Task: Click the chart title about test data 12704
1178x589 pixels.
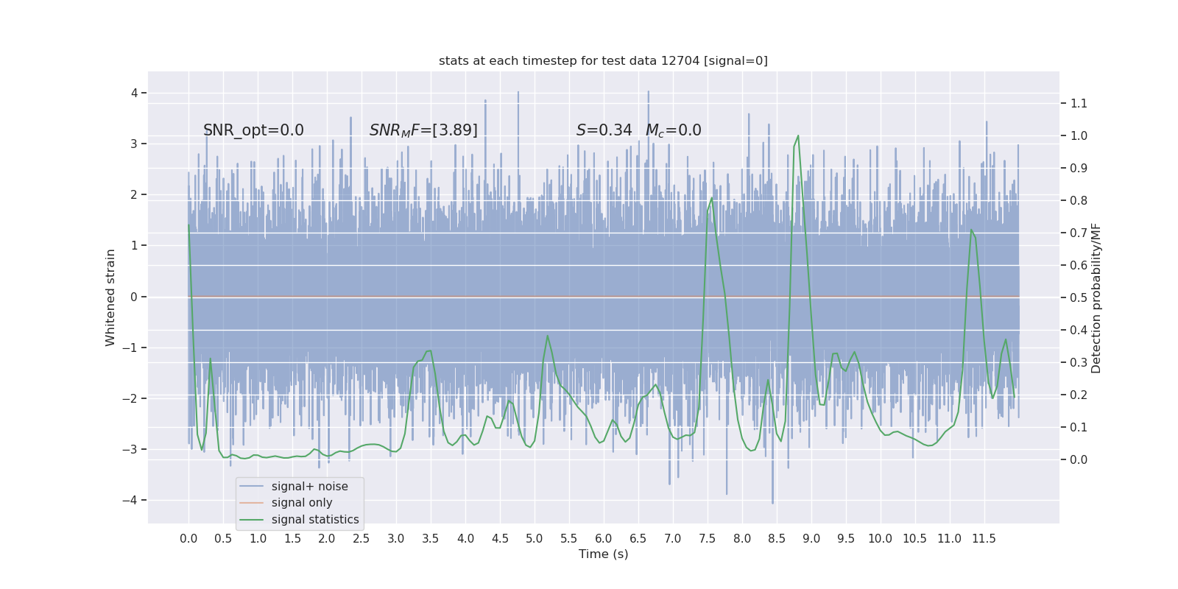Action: tap(603, 60)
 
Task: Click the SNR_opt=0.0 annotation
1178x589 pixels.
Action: tap(253, 130)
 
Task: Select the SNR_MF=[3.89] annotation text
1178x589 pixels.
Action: tap(423, 130)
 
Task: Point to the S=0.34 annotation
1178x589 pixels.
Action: tap(604, 130)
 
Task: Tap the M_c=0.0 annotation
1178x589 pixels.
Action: tap(673, 130)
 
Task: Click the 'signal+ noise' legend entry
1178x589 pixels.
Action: tap(309, 487)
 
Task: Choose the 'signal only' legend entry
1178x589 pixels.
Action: tap(302, 503)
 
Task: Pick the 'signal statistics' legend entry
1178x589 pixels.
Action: tap(315, 520)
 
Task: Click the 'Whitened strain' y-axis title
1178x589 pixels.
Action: tap(110, 297)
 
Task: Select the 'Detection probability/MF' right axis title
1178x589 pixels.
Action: tap(1096, 297)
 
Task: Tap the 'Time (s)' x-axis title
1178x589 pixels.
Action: tap(603, 554)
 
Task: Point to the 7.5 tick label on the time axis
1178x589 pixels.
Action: tap(707, 538)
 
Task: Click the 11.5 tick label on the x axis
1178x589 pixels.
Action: tap(984, 538)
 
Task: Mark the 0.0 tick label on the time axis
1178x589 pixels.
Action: tap(188, 538)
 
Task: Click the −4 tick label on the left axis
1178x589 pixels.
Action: tap(133, 501)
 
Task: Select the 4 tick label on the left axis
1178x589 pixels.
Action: tap(135, 93)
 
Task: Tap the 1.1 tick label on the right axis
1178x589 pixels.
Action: tap(1079, 103)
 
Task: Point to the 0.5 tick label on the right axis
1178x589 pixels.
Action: tap(1079, 297)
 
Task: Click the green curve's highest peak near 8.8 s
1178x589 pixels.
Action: tap(798, 136)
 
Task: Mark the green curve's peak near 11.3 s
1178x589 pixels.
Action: tap(971, 230)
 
